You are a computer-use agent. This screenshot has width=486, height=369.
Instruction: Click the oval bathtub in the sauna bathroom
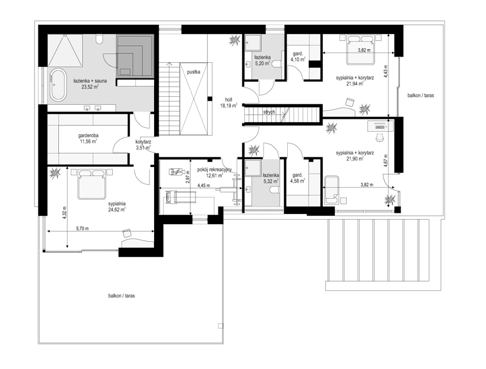pos(58,85)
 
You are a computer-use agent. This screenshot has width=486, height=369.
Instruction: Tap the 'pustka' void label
pos(193,72)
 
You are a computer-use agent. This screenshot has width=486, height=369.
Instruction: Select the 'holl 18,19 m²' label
pos(229,102)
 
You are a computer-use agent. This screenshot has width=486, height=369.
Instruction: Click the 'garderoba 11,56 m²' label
pos(88,138)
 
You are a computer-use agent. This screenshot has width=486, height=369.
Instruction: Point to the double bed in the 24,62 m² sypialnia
pos(90,184)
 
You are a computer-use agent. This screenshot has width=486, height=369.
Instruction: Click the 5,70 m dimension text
pos(83,229)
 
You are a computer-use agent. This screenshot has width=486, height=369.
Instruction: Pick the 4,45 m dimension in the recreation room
pos(204,186)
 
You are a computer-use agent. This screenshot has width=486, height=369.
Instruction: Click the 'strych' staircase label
pos(268,112)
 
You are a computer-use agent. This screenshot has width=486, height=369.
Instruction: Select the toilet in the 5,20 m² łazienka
pos(277,64)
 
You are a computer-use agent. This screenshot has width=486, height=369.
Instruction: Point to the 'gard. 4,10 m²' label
pos(297,56)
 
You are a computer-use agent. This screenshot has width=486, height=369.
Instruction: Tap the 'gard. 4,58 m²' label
pos(297,178)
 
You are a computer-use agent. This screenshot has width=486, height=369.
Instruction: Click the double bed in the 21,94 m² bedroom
pos(360,50)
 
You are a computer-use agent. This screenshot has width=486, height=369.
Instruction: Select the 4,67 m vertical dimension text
pos(386,161)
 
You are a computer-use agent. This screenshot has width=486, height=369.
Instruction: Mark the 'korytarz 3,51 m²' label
pos(143,144)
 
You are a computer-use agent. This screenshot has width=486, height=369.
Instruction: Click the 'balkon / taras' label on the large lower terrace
pos(121,295)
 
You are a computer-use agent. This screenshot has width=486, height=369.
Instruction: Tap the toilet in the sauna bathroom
pos(100,39)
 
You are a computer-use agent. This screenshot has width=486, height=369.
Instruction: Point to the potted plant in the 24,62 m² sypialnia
pos(55,173)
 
